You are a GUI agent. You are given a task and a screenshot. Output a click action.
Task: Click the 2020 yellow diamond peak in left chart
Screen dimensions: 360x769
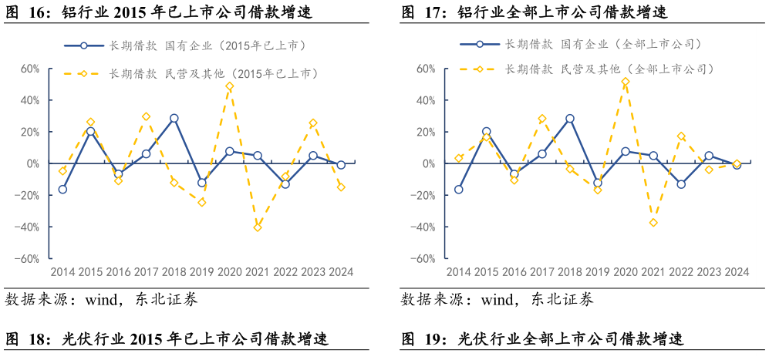pyautogui.click(x=230, y=86)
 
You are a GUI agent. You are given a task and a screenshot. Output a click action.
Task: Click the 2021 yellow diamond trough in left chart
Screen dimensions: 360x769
pyautogui.click(x=258, y=227)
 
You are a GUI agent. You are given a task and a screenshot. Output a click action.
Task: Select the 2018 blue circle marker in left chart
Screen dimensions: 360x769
pyautogui.click(x=174, y=119)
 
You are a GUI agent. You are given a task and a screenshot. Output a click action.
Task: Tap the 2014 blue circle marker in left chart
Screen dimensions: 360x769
pyautogui.click(x=62, y=190)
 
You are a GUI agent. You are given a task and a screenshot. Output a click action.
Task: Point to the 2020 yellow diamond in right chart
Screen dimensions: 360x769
pyautogui.click(x=626, y=82)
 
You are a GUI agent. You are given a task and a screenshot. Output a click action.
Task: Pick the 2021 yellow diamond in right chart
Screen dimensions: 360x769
pyautogui.click(x=653, y=223)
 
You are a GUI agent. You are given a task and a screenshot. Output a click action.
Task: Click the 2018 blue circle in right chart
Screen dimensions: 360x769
pyautogui.click(x=570, y=119)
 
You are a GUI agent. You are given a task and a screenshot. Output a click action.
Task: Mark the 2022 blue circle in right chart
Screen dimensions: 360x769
pyautogui.click(x=681, y=184)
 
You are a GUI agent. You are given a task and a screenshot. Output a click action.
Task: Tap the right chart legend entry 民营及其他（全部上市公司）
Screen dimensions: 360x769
pyautogui.click(x=609, y=69)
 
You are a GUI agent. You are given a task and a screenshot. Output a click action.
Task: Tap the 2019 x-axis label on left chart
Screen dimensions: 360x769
pyautogui.click(x=202, y=272)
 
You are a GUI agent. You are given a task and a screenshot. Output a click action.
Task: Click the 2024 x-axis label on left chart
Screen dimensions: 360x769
pyautogui.click(x=341, y=272)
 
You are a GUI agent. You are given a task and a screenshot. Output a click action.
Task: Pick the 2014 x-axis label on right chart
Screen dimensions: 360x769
pyautogui.click(x=458, y=272)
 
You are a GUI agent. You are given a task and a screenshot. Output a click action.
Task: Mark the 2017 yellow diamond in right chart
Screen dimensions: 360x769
pyautogui.click(x=542, y=119)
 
